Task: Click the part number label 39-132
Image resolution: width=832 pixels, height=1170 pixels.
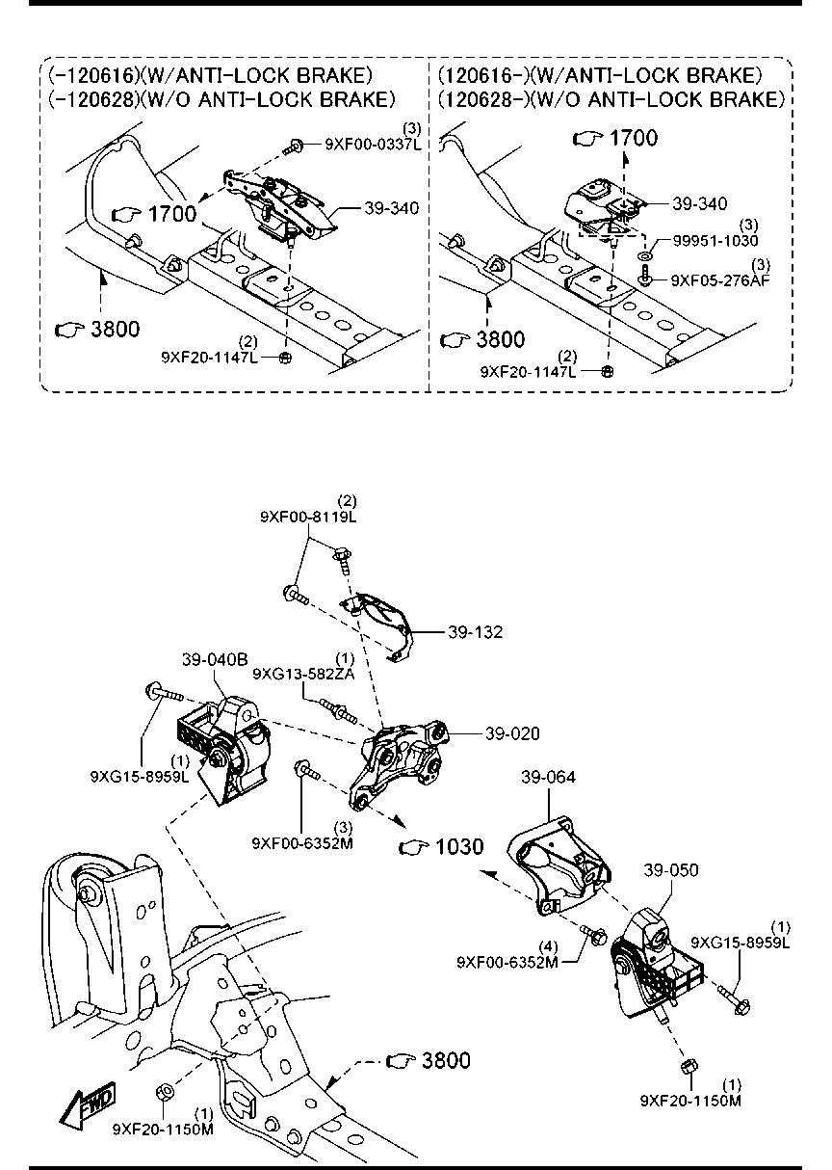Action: (475, 632)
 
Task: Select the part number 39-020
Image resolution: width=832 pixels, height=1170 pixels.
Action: (512, 733)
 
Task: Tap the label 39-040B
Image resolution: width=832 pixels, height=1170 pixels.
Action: (215, 660)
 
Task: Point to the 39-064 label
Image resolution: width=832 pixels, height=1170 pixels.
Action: (548, 777)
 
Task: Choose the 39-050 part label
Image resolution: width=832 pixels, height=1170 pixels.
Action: (671, 870)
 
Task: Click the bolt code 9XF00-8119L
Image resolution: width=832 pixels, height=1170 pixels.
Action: (308, 518)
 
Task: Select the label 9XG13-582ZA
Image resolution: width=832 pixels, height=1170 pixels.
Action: (303, 674)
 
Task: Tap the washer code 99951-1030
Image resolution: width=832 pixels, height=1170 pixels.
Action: (715, 240)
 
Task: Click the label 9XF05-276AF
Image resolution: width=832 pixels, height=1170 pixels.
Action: (720, 280)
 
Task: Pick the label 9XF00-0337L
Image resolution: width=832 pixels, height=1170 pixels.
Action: (374, 145)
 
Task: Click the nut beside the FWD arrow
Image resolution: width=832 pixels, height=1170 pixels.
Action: (165, 1091)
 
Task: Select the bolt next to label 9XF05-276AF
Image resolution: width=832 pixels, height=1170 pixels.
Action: (646, 276)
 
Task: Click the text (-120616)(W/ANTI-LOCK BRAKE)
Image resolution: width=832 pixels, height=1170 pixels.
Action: (210, 76)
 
